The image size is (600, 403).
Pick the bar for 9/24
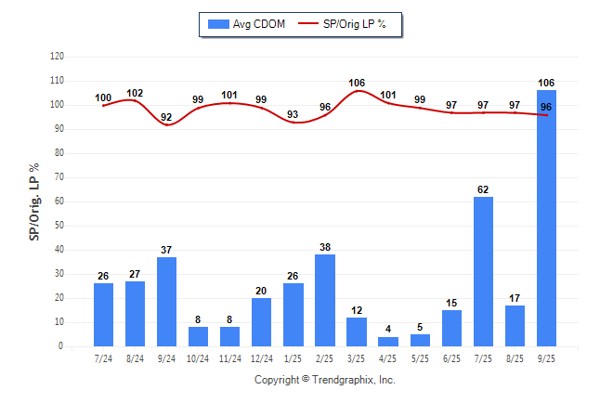pyautogui.click(x=166, y=302)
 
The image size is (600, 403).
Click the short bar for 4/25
pyautogui.click(x=388, y=342)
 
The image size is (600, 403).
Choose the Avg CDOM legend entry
pyautogui.click(x=246, y=24)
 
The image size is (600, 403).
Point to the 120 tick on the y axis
pyautogui.click(x=57, y=57)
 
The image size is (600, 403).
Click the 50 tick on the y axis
pyautogui.click(x=59, y=226)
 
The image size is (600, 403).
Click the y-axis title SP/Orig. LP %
pyautogui.click(x=34, y=201)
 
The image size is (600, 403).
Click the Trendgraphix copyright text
pyautogui.click(x=325, y=380)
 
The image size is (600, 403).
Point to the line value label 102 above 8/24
pyautogui.click(x=135, y=93)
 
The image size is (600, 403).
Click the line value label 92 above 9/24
pyautogui.click(x=166, y=117)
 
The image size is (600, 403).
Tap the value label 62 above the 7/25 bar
pyautogui.click(x=483, y=189)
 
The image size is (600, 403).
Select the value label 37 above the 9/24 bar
pyautogui.click(x=166, y=250)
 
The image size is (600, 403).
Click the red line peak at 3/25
pyautogui.click(x=357, y=91)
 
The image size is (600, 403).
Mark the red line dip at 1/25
pyautogui.click(x=293, y=123)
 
